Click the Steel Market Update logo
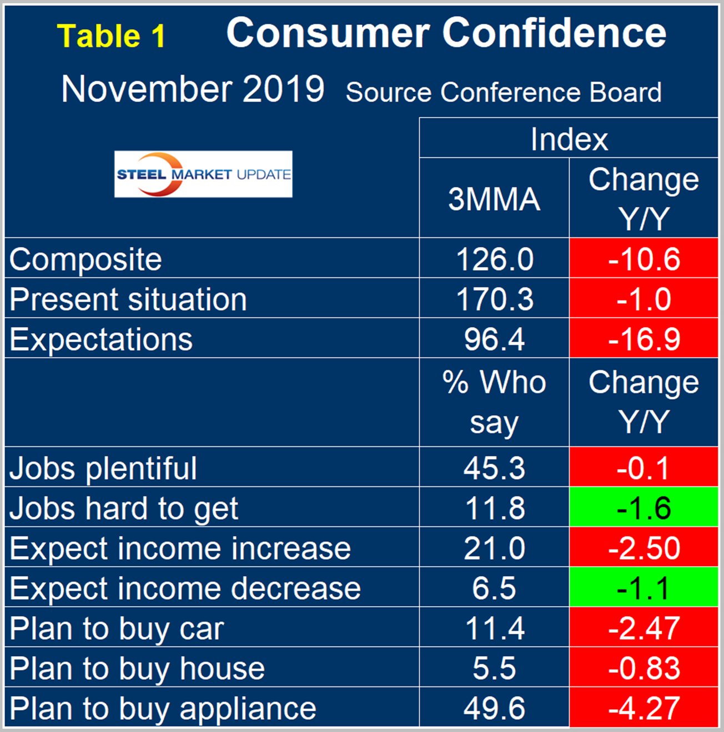click(203, 174)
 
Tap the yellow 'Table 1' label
click(111, 37)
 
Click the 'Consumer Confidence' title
click(446, 33)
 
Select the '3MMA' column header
click(494, 199)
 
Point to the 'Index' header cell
click(569, 139)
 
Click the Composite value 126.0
click(494, 259)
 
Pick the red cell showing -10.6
click(644, 259)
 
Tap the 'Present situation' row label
click(128, 299)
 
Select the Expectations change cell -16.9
click(644, 339)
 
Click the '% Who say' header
click(494, 402)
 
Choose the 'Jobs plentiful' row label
click(103, 468)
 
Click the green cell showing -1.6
click(644, 508)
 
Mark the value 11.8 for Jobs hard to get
click(494, 508)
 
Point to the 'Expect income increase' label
click(180, 548)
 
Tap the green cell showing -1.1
click(644, 588)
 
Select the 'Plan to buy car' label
click(117, 628)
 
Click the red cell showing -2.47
click(644, 628)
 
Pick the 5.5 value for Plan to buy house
click(494, 668)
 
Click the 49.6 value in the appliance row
click(494, 708)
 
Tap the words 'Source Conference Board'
click(504, 92)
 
